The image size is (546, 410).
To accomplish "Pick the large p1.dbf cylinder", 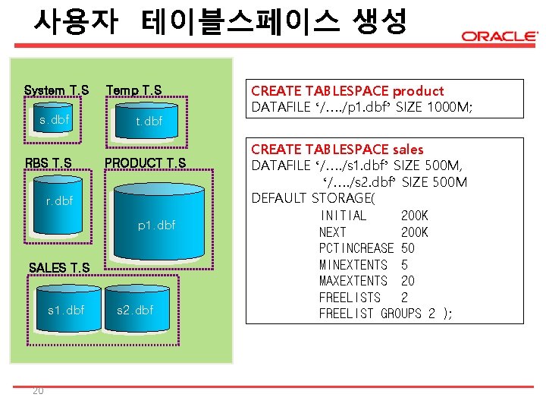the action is [x=156, y=225].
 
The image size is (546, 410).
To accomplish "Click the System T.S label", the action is [x=56, y=90].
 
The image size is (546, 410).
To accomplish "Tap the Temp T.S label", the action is [x=133, y=90].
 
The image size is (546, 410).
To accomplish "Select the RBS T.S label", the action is [x=49, y=162].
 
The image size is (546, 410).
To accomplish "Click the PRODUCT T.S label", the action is [x=145, y=162].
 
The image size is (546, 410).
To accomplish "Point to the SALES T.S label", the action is [x=58, y=267].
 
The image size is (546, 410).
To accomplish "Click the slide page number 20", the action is [x=38, y=391].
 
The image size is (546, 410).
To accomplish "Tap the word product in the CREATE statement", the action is [x=418, y=91].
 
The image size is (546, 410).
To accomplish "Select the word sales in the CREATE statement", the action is [x=408, y=150].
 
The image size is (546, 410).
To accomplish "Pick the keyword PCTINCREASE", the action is [x=356, y=248].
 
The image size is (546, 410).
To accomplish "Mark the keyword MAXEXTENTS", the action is [x=353, y=281].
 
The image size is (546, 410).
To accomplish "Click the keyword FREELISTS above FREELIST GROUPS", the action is [x=350, y=298].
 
